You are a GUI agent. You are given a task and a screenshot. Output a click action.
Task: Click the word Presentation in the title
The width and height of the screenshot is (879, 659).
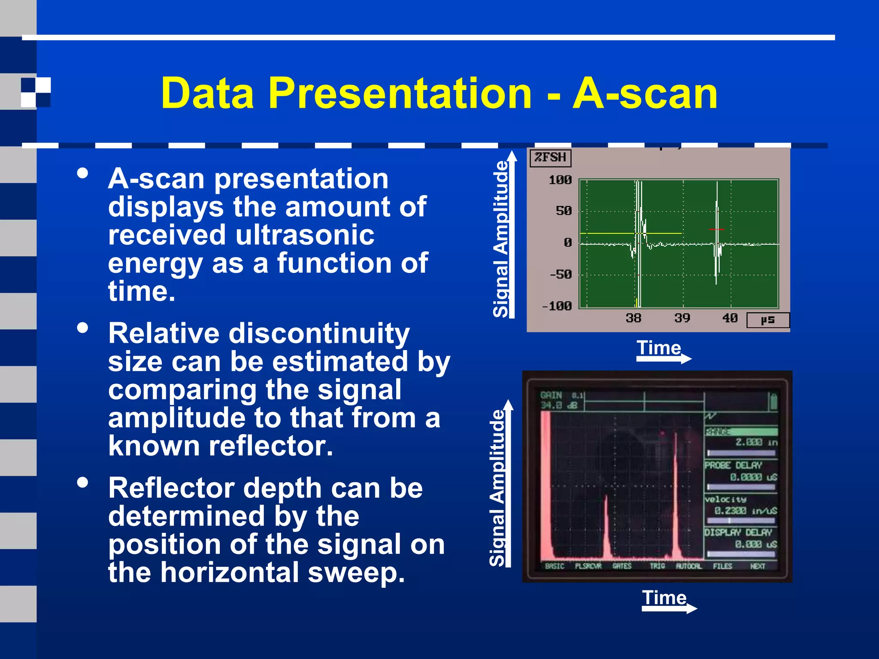click(x=400, y=93)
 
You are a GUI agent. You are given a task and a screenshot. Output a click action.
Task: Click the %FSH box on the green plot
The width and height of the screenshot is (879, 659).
click(x=550, y=157)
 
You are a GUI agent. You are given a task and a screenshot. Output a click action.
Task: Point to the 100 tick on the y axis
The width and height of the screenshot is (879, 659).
click(x=560, y=180)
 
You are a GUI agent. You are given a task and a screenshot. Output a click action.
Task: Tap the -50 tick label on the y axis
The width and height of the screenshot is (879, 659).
click(x=561, y=274)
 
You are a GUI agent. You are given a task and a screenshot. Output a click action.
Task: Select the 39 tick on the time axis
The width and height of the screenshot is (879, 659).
click(x=682, y=318)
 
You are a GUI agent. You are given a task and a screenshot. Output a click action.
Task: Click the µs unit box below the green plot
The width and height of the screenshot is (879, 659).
click(x=768, y=320)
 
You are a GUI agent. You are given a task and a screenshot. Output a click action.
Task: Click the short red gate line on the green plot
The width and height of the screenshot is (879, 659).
click(x=716, y=230)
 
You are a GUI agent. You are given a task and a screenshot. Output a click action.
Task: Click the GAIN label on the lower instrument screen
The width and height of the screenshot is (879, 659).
click(x=551, y=395)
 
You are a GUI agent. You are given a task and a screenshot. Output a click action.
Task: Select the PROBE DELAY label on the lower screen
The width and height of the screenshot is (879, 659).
click(x=733, y=466)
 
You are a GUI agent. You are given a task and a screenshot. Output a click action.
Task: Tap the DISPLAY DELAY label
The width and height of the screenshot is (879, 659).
click(x=738, y=532)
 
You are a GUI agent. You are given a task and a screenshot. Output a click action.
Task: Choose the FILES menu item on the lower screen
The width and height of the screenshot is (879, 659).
click(x=722, y=566)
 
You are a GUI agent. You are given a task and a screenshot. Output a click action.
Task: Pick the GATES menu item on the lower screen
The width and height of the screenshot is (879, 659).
click(x=621, y=566)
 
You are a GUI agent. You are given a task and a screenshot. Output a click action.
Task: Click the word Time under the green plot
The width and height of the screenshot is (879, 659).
click(x=658, y=348)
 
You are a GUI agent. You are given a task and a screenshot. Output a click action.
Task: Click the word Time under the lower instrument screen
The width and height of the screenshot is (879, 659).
click(x=664, y=598)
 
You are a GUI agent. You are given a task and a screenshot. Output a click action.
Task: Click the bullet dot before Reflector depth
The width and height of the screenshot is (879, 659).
click(x=82, y=483)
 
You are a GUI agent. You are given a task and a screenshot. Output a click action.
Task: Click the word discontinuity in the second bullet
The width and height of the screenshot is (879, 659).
click(x=319, y=333)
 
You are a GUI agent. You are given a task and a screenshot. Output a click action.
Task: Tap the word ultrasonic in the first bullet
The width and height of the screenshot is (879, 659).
click(x=305, y=235)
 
